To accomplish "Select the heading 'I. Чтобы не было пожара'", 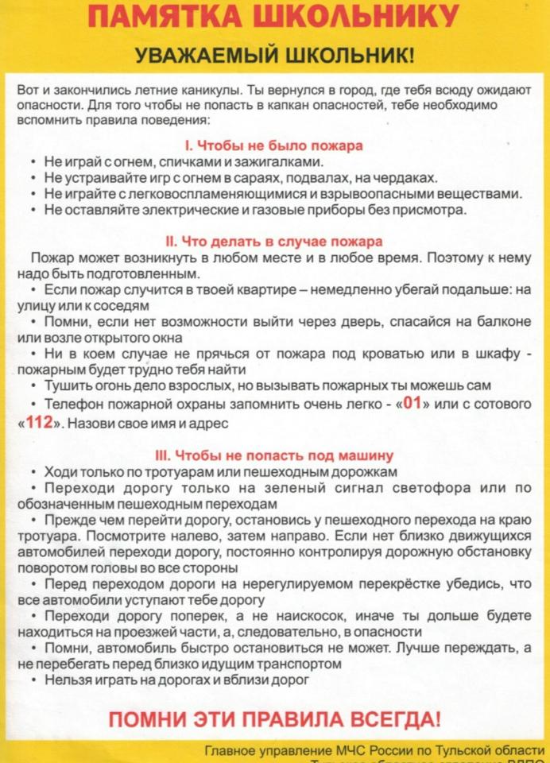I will tap(273, 146).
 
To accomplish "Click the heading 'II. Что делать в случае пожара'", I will tap(273, 241).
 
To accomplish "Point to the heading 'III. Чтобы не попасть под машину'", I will tap(274, 455).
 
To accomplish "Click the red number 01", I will tap(412, 403).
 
